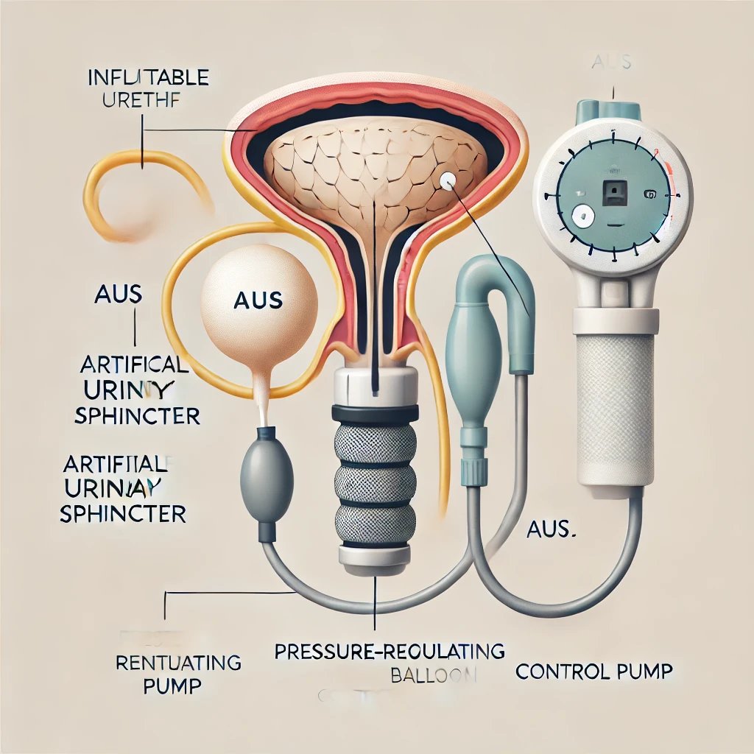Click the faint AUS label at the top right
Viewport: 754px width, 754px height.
(x=611, y=62)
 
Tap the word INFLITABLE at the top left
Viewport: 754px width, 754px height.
(x=147, y=77)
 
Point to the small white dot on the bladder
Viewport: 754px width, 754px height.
(x=447, y=179)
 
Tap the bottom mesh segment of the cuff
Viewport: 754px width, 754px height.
(x=376, y=527)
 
